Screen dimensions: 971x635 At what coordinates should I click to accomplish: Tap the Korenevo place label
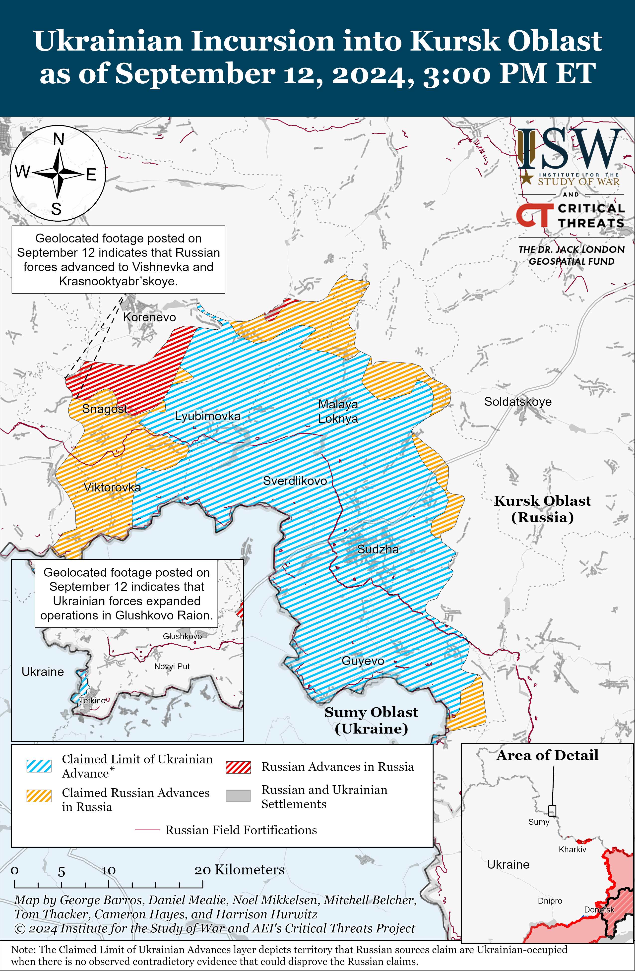149,317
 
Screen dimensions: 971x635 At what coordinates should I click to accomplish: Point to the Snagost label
105,408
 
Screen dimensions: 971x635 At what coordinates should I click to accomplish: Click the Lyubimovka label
207,416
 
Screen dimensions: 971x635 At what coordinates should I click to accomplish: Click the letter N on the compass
59,139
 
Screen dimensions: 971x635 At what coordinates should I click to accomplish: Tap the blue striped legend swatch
39,766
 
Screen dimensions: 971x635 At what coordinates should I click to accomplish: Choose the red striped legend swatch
238,767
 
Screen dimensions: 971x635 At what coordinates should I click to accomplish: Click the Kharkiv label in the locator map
572,850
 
